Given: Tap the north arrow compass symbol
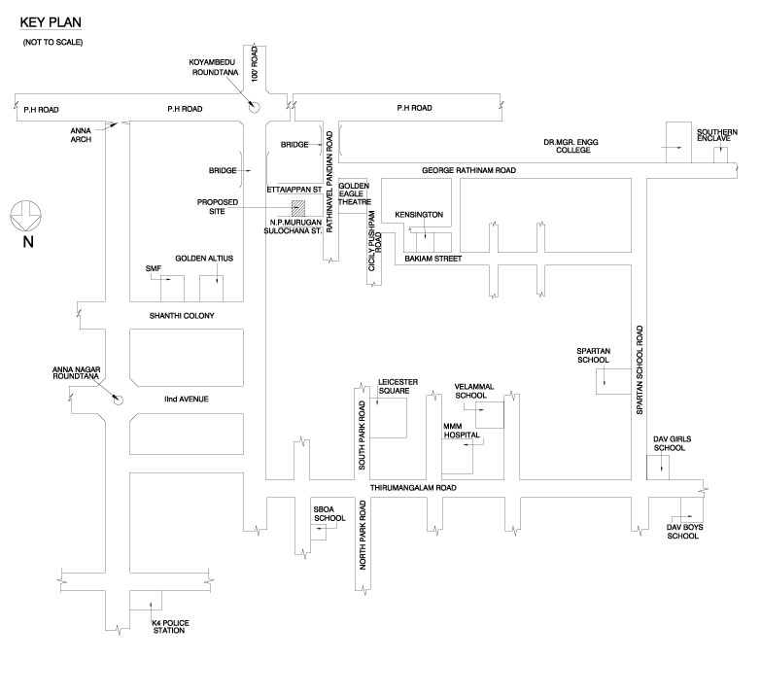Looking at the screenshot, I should click(26, 213).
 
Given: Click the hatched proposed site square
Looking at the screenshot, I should click(299, 207).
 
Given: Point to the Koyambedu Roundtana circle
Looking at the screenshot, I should click(255, 108).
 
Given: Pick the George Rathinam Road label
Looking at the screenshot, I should click(468, 170).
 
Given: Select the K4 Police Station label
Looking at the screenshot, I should click(167, 626).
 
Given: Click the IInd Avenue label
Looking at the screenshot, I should click(186, 399).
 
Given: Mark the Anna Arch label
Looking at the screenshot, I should click(81, 136).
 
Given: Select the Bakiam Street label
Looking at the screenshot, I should click(432, 260).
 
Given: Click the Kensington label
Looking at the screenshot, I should click(420, 213).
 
